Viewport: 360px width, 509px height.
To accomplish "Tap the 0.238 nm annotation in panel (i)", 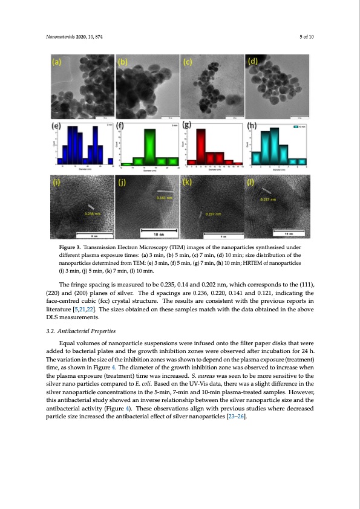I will [x=93, y=213].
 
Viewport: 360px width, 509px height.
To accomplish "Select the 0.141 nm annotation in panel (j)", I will [x=165, y=198].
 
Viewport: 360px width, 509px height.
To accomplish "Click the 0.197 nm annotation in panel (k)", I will [x=214, y=214].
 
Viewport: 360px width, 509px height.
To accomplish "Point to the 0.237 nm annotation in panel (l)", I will [x=269, y=199].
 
